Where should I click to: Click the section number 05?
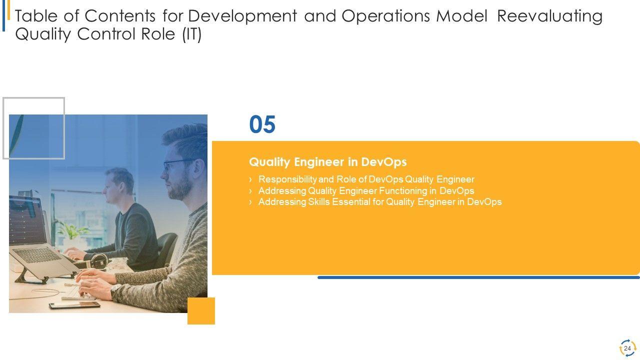[262, 124]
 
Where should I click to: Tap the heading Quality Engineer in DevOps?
[327, 162]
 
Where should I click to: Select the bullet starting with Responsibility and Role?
[366, 179]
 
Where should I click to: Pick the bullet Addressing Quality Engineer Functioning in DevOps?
[366, 190]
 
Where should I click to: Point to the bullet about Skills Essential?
[380, 202]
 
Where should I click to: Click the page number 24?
[627, 348]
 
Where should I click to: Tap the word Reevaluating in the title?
[550, 16]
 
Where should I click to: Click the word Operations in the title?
[385, 16]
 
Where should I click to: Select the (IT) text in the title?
[192, 34]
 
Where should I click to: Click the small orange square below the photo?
[201, 311]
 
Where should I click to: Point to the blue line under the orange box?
[478, 277]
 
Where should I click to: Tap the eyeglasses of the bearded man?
[177, 165]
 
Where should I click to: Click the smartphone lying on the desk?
[74, 305]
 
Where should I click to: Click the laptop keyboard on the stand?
[37, 255]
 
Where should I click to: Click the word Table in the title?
[36, 16]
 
